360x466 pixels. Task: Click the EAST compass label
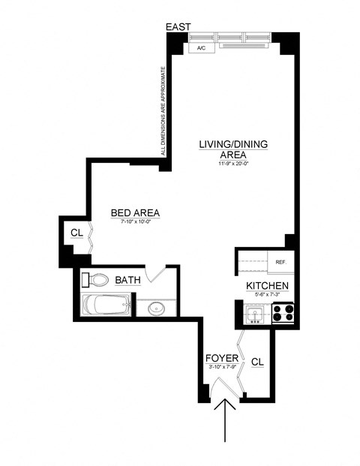tap(178, 26)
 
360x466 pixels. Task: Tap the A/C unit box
tap(200, 49)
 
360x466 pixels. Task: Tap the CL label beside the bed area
tap(76, 233)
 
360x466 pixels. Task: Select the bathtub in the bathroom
tap(108, 305)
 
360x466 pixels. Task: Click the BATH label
tap(127, 281)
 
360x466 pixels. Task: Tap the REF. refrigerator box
tap(281, 262)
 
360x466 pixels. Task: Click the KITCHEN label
tap(268, 287)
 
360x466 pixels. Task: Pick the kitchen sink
tap(253, 313)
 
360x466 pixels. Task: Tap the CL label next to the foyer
tap(257, 362)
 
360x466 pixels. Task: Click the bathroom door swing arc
tap(155, 275)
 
